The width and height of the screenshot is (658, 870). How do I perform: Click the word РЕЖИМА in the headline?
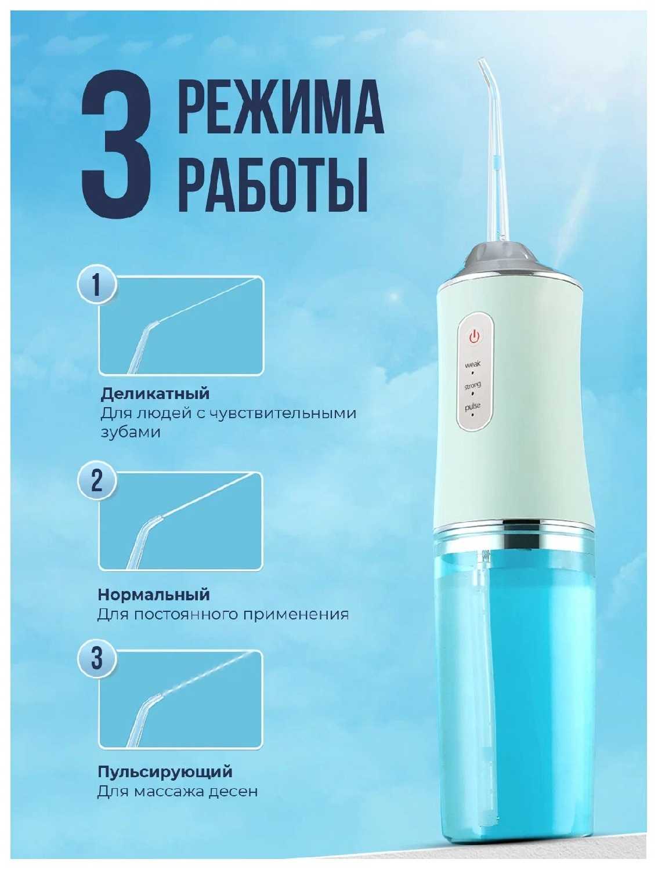(280, 107)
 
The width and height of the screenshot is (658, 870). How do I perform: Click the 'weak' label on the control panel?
(472, 364)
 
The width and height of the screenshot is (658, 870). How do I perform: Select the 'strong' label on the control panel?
(472, 385)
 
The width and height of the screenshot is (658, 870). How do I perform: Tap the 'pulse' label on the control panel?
(472, 406)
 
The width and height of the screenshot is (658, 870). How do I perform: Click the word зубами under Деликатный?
(131, 433)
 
